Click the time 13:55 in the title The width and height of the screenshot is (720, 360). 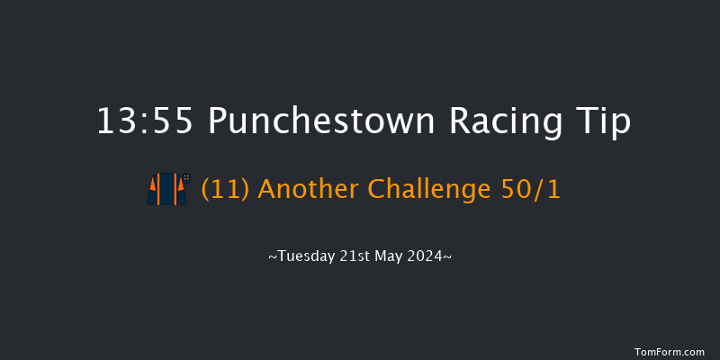(143, 122)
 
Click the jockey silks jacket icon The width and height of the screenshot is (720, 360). (166, 190)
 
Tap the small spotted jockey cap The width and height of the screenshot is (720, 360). (186, 177)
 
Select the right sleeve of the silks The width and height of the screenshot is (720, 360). (181, 191)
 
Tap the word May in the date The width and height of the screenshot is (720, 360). (388, 256)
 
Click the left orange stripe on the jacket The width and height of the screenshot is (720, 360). (161, 190)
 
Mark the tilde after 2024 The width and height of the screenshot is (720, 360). (447, 256)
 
